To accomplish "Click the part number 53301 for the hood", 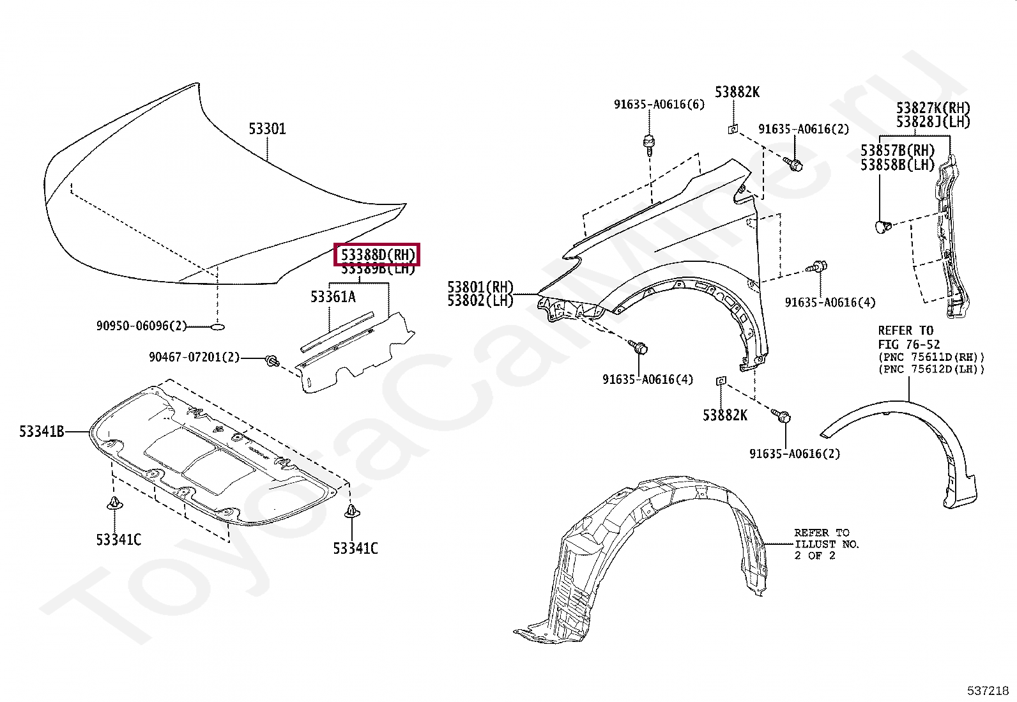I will point(267,129).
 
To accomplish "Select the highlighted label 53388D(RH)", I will point(378,255).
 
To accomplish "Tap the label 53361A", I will point(333,296).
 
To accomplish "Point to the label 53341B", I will point(42,432).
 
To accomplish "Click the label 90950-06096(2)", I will point(142,326).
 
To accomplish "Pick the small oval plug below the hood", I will point(217,327).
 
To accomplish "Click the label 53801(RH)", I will point(480,287).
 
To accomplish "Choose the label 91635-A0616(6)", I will point(660,104).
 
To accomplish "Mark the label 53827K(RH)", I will point(933,108).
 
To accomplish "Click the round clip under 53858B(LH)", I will point(881,225).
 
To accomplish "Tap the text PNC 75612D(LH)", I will point(931,369).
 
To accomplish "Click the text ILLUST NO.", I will point(827,544).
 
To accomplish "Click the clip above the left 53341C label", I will point(114,504).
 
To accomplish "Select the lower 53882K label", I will point(724,415).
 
